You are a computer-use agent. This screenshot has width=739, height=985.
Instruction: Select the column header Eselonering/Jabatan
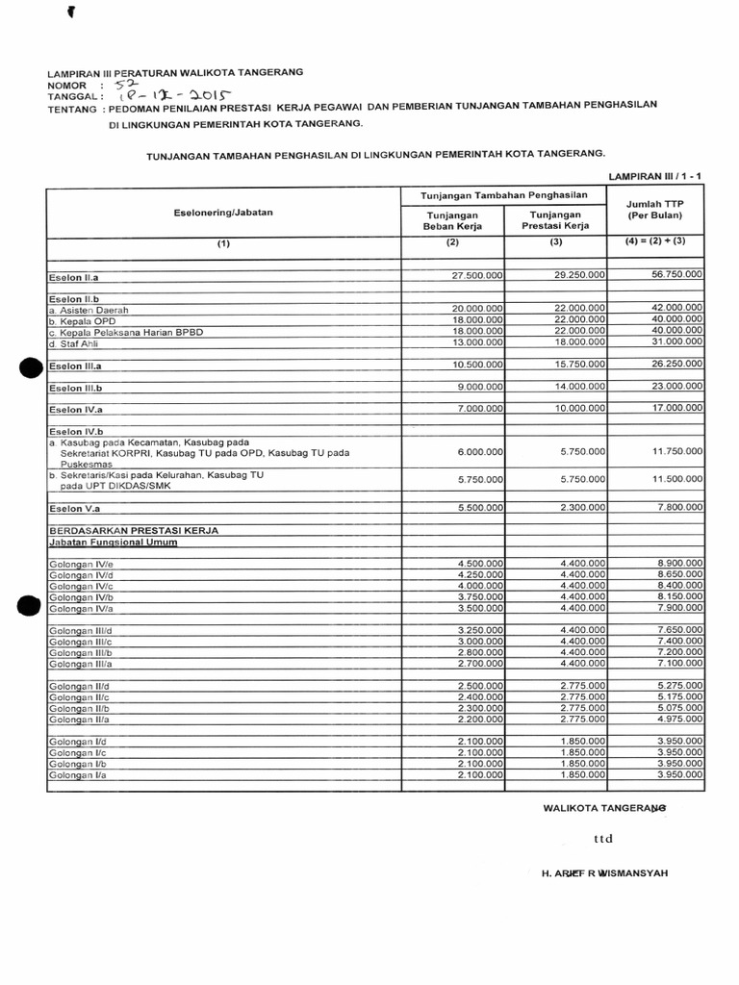tap(223, 212)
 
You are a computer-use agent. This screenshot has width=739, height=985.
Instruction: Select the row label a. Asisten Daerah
tap(89, 311)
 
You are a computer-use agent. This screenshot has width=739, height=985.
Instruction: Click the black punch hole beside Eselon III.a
tap(30, 366)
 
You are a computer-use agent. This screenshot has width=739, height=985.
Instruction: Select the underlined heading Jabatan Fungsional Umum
tap(113, 543)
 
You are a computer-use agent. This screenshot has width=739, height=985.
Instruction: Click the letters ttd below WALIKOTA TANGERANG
tap(603, 839)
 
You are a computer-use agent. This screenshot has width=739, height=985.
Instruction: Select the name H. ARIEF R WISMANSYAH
tap(605, 872)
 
